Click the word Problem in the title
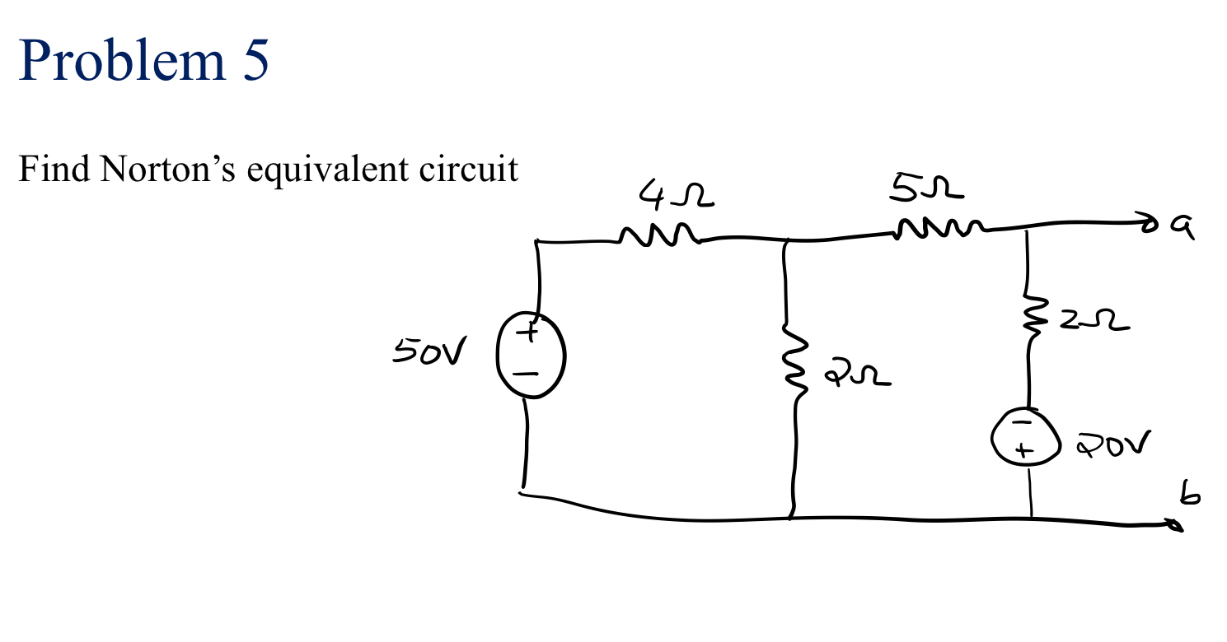click(122, 60)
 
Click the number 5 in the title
click(255, 60)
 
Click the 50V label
click(428, 353)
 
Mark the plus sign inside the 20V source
click(1023, 451)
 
